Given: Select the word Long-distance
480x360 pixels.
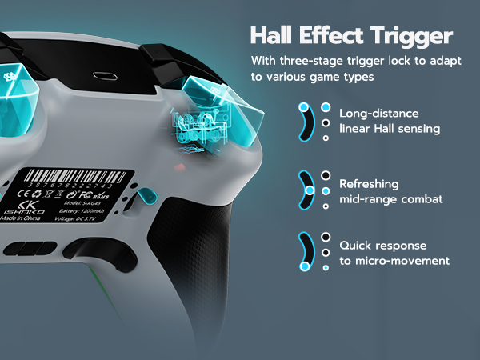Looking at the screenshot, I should (x=379, y=114).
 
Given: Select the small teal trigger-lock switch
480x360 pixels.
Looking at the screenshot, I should (x=147, y=197).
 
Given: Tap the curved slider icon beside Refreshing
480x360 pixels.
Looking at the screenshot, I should (x=307, y=190).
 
